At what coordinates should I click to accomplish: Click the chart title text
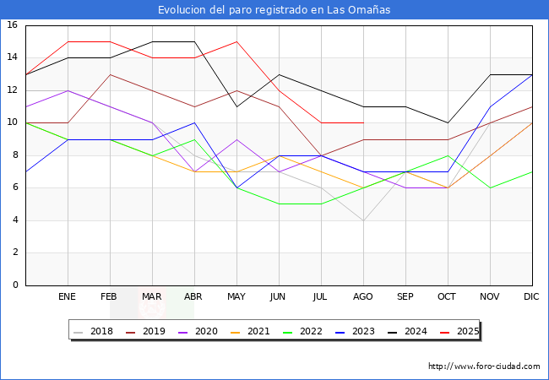tap(274, 10)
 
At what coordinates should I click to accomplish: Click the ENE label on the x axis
tap(68, 297)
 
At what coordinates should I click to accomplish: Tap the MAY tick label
tap(236, 297)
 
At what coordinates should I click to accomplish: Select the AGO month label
tap(363, 297)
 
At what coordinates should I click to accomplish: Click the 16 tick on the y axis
tap(13, 25)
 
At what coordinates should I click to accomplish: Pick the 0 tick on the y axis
tap(15, 285)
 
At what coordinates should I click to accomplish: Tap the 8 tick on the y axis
tap(15, 155)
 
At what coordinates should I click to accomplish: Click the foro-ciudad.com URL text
tap(484, 366)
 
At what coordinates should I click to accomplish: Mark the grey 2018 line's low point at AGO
tap(363, 220)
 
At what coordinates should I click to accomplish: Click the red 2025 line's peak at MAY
tap(236, 41)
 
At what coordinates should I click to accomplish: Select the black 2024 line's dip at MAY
tap(236, 106)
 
